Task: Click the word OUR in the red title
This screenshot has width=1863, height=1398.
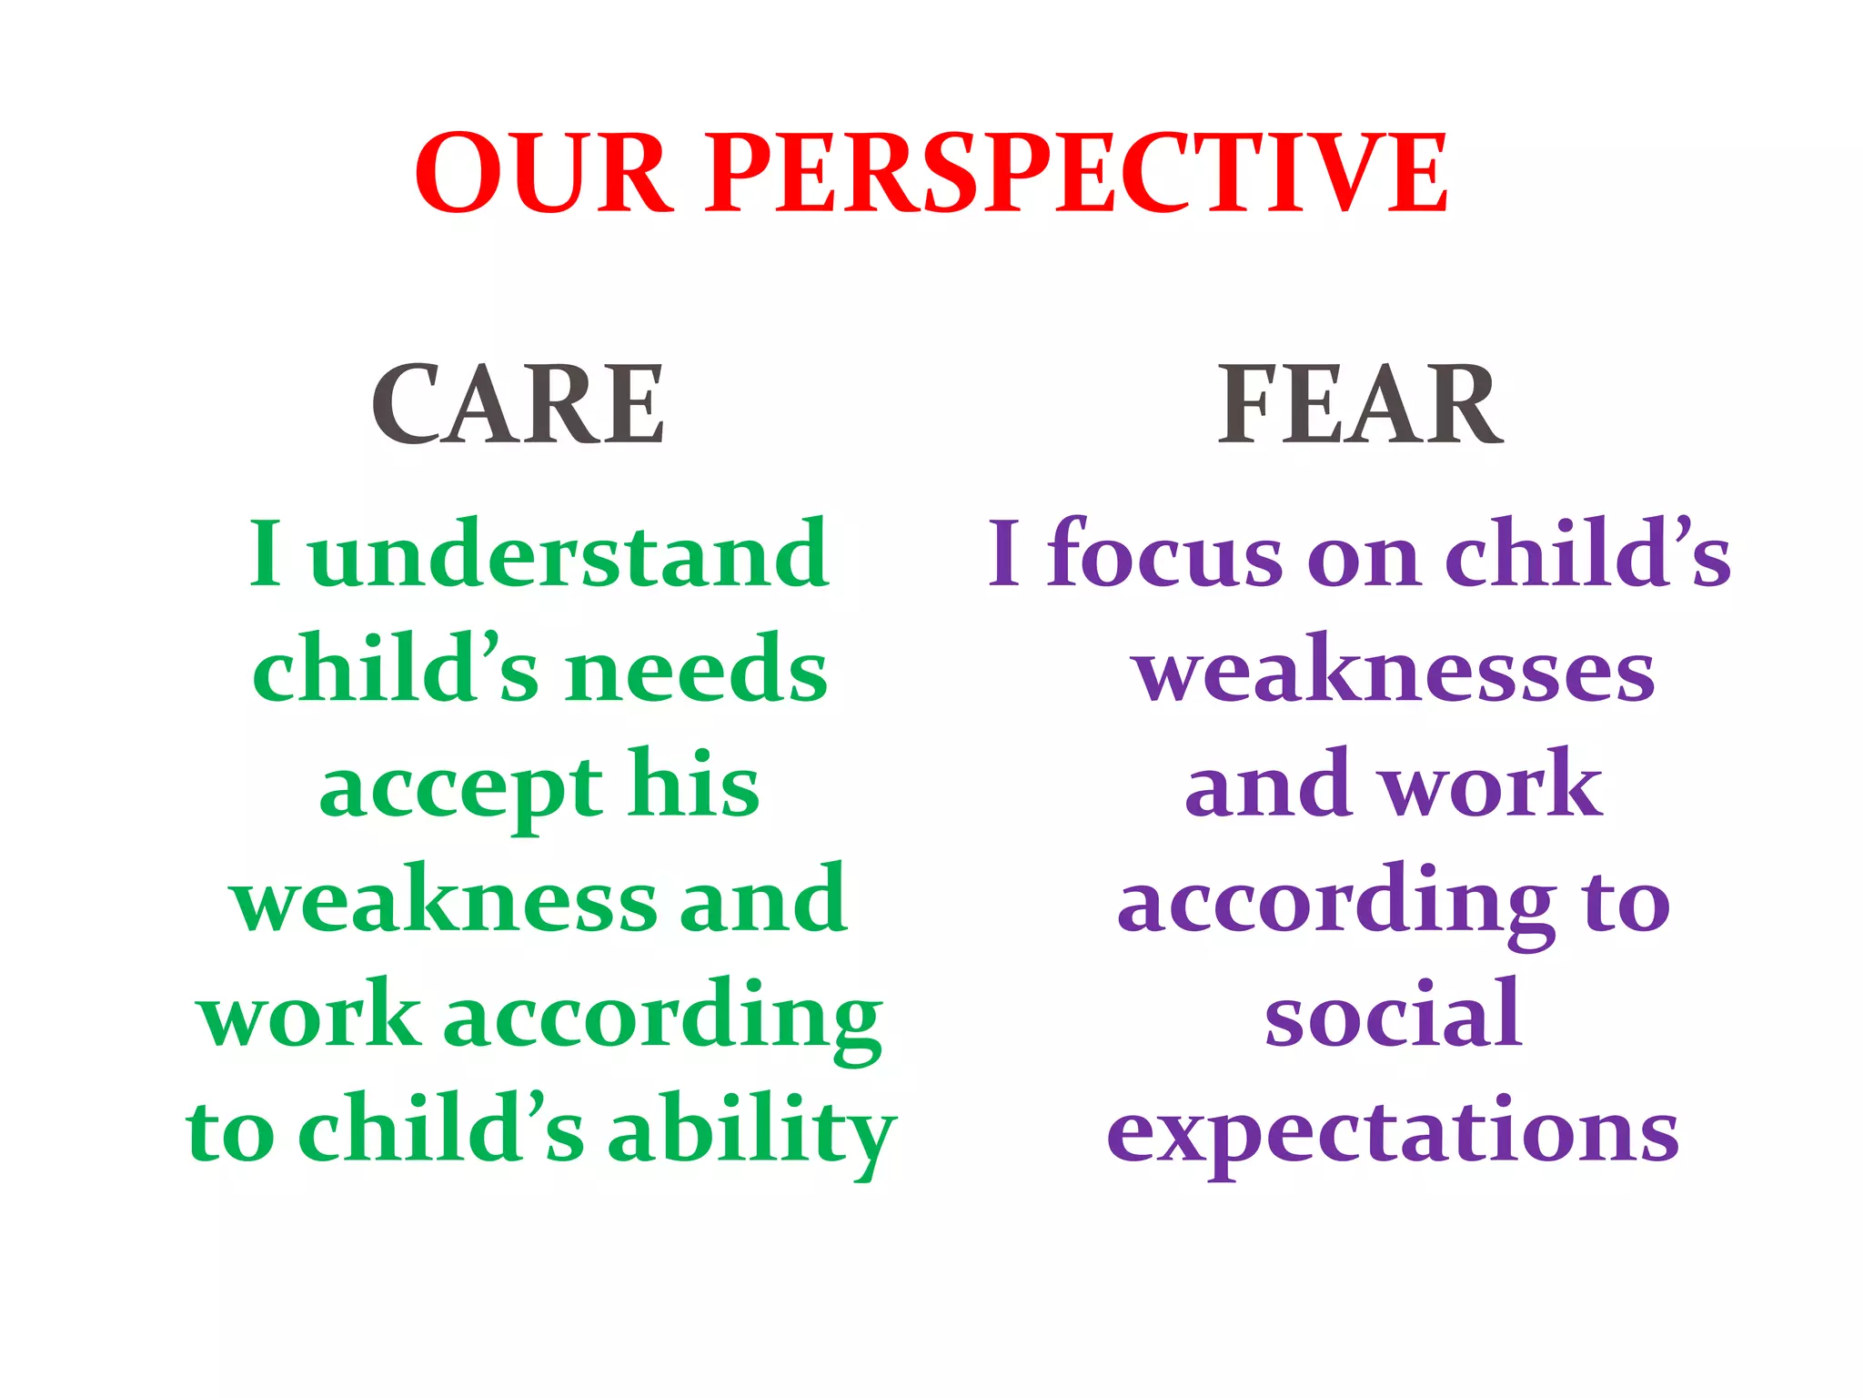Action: click(x=544, y=173)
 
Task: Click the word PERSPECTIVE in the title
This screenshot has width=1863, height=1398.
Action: click(x=1077, y=173)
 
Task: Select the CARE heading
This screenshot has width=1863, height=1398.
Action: click(x=518, y=404)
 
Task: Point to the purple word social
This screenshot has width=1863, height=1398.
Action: click(x=1394, y=1014)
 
